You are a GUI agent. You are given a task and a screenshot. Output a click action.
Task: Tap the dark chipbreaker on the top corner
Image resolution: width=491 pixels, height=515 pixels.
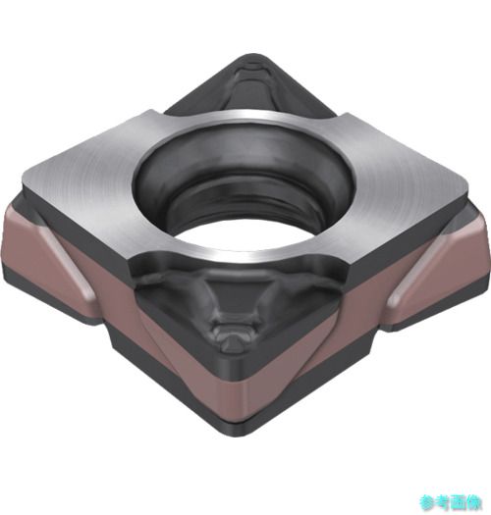tap(251, 86)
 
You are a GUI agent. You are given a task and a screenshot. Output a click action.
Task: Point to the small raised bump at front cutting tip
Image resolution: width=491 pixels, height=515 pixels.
tap(232, 340)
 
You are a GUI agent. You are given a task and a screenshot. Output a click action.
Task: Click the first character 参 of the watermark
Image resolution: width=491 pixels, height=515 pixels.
tap(427, 502)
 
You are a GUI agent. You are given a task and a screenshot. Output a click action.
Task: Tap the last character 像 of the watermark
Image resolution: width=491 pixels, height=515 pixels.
tap(475, 502)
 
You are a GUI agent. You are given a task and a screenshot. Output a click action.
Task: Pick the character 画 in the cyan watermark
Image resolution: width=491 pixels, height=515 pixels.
tap(460, 502)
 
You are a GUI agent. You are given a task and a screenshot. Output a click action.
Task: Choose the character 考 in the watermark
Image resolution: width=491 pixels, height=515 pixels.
tap(443, 502)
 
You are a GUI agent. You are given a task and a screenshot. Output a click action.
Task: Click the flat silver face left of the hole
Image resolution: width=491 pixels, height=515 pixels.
tap(82, 171)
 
